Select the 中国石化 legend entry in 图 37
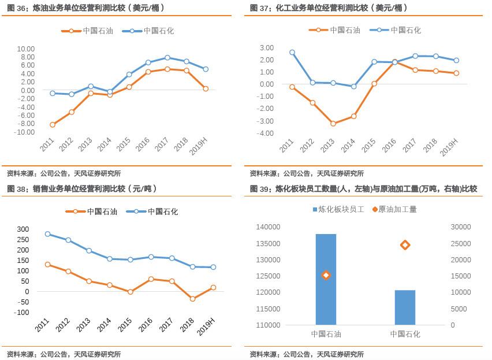click(x=399, y=30)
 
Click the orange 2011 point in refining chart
click(x=53, y=125)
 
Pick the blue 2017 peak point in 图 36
click(x=167, y=58)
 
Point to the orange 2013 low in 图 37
click(x=333, y=124)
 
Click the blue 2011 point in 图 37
click(x=292, y=53)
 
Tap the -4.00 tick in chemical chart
click(x=266, y=133)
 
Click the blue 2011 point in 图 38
click(x=47, y=234)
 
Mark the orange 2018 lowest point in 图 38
click(x=193, y=299)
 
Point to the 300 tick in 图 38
click(x=23, y=229)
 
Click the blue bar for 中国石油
click(x=326, y=279)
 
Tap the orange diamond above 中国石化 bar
click(x=405, y=245)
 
